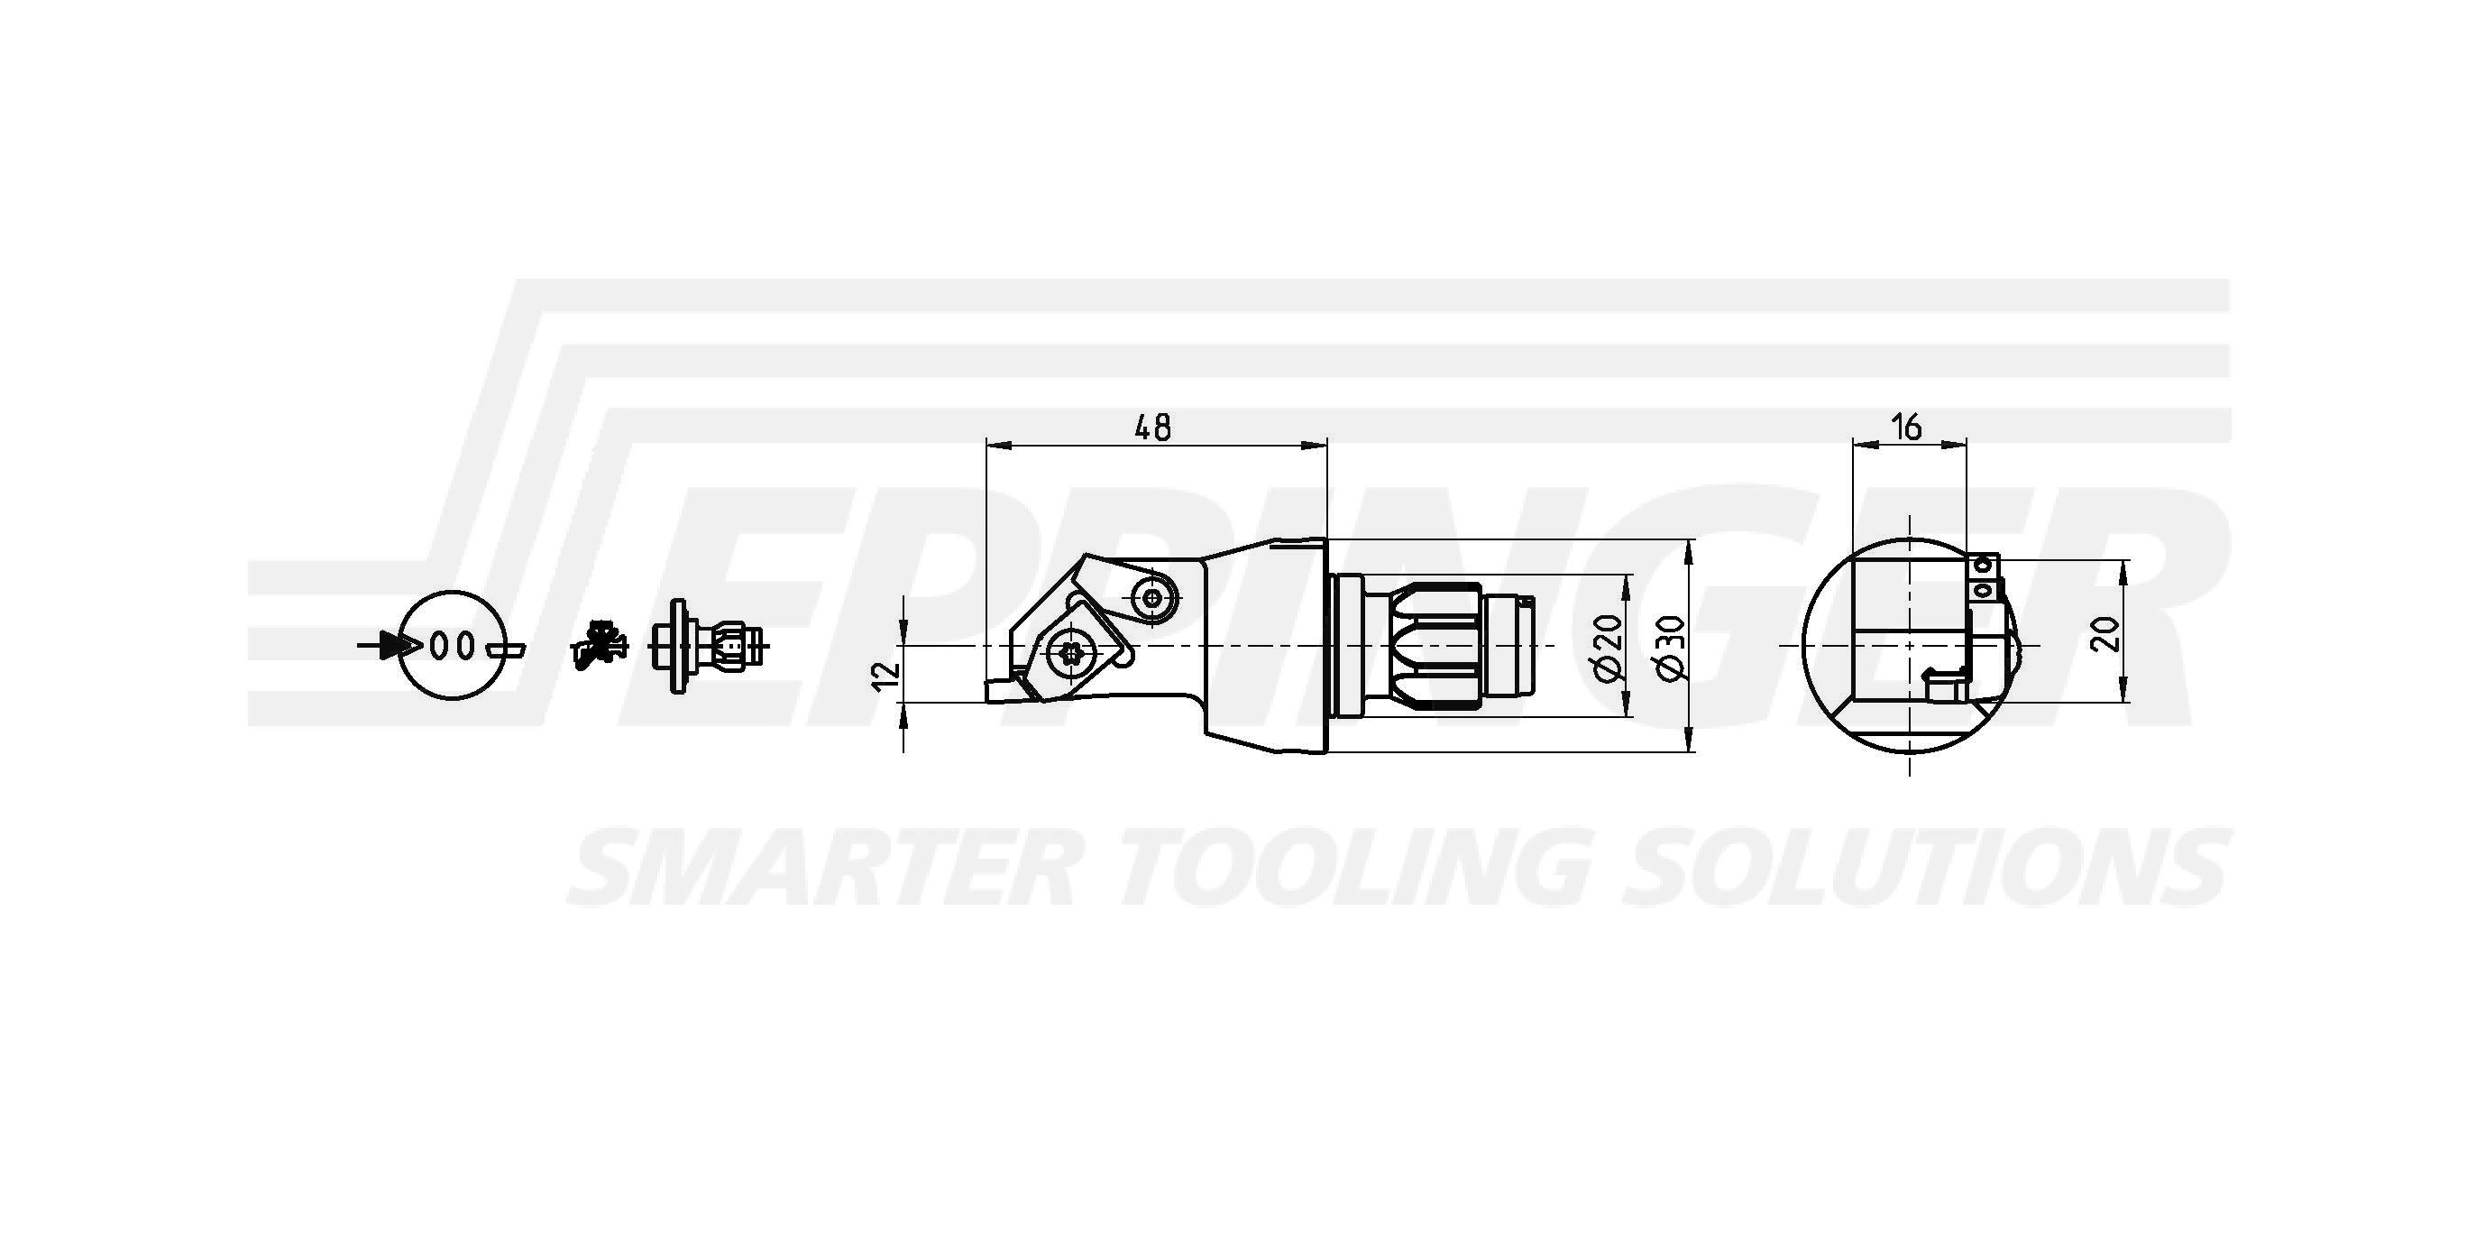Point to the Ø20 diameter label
click(1609, 647)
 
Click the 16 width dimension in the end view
click(1907, 426)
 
